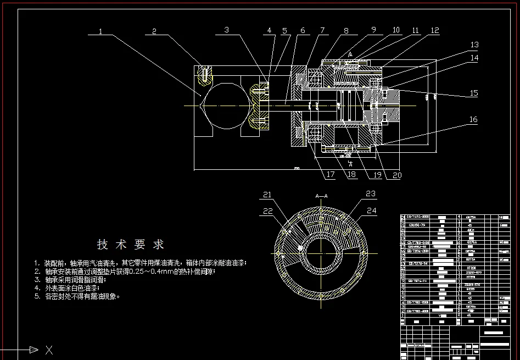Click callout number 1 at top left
click(x=101, y=31)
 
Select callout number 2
click(x=154, y=31)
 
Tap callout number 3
click(x=226, y=30)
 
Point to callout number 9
click(x=373, y=30)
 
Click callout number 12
click(x=435, y=31)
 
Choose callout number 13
click(x=474, y=45)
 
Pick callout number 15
click(x=474, y=93)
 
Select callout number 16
click(x=473, y=119)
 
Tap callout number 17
click(x=330, y=175)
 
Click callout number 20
click(x=397, y=175)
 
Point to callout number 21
click(x=267, y=194)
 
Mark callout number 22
click(x=267, y=211)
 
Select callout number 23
click(x=371, y=193)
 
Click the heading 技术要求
click(x=131, y=244)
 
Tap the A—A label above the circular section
click(x=321, y=195)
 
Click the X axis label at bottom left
click(x=49, y=349)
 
